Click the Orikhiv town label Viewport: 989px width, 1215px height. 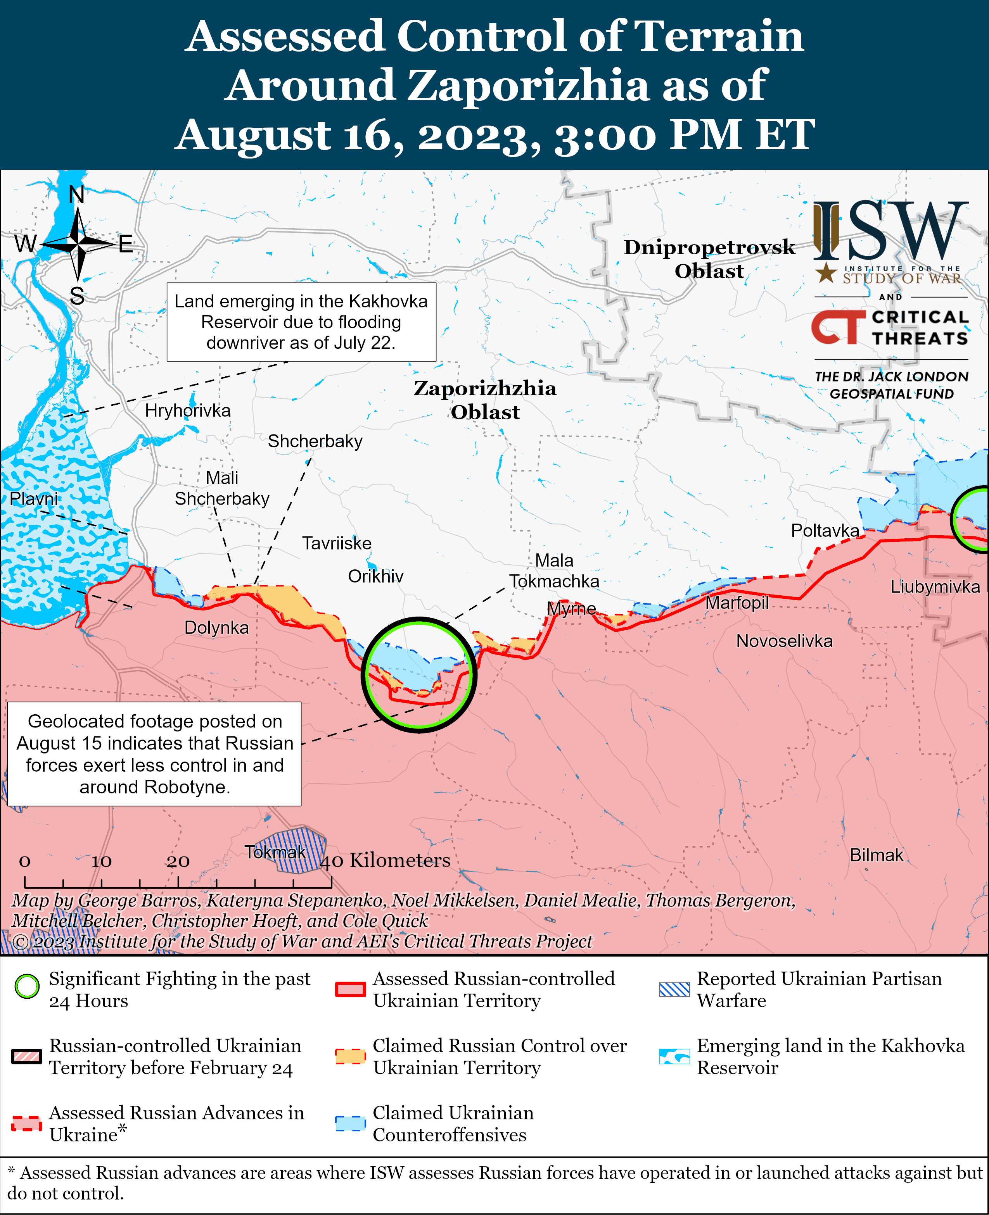[375, 576]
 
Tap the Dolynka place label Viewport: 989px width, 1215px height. [216, 627]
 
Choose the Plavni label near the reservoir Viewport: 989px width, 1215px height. [34, 499]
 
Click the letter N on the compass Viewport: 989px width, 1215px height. [76, 195]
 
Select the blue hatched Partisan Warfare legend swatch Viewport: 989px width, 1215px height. [674, 989]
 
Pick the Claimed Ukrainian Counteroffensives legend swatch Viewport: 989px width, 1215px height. [350, 1123]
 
